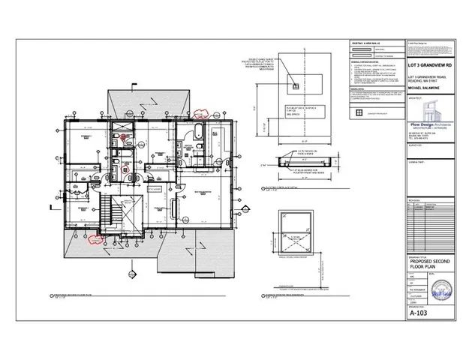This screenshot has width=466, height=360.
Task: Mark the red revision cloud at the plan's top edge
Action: [x=200, y=114]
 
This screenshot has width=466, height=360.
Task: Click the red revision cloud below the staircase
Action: [x=95, y=239]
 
